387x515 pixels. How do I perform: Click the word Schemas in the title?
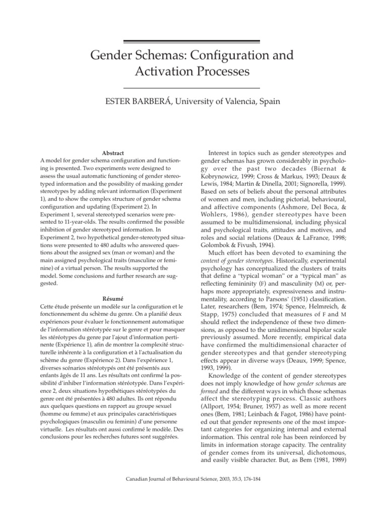pyautogui.click(x=155, y=54)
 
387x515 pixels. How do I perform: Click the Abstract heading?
pyautogui.click(x=113, y=152)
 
